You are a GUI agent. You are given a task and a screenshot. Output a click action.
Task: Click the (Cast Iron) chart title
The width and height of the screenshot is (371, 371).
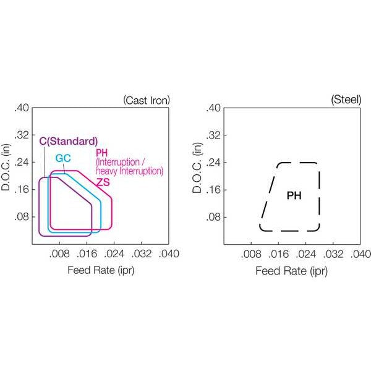pos(147,101)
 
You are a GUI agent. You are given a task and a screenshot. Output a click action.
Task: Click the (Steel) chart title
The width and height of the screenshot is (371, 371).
pos(346,100)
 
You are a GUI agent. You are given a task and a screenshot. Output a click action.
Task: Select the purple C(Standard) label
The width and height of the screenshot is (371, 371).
pos(69,141)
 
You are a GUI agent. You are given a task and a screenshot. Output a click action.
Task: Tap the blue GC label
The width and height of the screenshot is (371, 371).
pos(63,158)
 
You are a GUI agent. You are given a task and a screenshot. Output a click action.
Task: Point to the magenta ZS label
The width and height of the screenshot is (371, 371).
pos(103,182)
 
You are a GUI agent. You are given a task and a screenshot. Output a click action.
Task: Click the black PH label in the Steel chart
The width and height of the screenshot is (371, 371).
pos(294,195)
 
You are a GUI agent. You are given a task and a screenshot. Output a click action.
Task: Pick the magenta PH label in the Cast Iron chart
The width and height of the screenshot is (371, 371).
pos(101,153)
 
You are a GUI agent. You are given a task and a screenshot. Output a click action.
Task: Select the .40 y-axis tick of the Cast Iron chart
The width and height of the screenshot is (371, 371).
pos(22,108)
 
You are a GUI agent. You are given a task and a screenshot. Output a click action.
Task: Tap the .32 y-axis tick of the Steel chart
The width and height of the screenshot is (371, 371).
pos(213,135)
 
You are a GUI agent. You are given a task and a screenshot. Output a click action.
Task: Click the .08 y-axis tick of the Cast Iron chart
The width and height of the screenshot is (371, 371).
pos(22,217)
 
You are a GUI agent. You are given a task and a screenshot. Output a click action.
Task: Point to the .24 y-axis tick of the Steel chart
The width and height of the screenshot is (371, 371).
pos(213,163)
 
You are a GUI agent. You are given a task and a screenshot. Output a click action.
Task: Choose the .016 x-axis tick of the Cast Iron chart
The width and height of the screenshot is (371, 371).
pos(87,254)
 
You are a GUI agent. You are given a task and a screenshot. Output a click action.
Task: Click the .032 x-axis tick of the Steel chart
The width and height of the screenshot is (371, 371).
pos(333,254)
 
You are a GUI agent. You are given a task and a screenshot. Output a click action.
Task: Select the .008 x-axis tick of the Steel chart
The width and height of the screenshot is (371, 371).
pos(251,254)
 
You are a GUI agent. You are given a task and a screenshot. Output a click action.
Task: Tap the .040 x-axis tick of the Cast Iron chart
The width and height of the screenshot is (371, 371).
pos(169,254)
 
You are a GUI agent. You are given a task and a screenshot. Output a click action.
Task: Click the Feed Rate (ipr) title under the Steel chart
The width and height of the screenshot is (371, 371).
pos(291,271)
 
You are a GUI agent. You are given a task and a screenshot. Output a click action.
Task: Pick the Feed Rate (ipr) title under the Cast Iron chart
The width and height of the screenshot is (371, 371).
pos(101,270)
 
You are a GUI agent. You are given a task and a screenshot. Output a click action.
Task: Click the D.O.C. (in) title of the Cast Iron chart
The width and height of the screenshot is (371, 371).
pos(6,167)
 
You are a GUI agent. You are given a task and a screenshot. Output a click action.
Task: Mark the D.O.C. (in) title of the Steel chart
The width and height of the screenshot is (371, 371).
pos(197,168)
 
